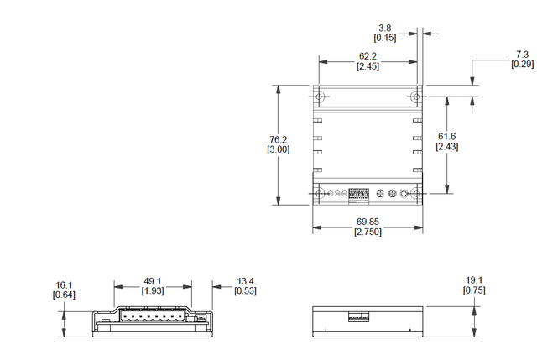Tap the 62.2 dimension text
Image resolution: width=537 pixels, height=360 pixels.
point(368,55)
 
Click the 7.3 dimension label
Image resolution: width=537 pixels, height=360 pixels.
point(522,55)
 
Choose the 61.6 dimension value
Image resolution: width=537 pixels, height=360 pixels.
point(446,137)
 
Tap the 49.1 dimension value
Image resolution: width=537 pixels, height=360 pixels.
point(152,281)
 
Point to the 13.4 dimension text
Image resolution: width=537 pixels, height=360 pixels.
point(246,281)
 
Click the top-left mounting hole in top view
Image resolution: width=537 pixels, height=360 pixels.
point(321,95)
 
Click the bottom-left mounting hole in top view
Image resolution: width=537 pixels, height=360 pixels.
point(321,195)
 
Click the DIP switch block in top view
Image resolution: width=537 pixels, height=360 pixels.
point(359,195)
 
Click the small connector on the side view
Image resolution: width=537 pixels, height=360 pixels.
point(359,318)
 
